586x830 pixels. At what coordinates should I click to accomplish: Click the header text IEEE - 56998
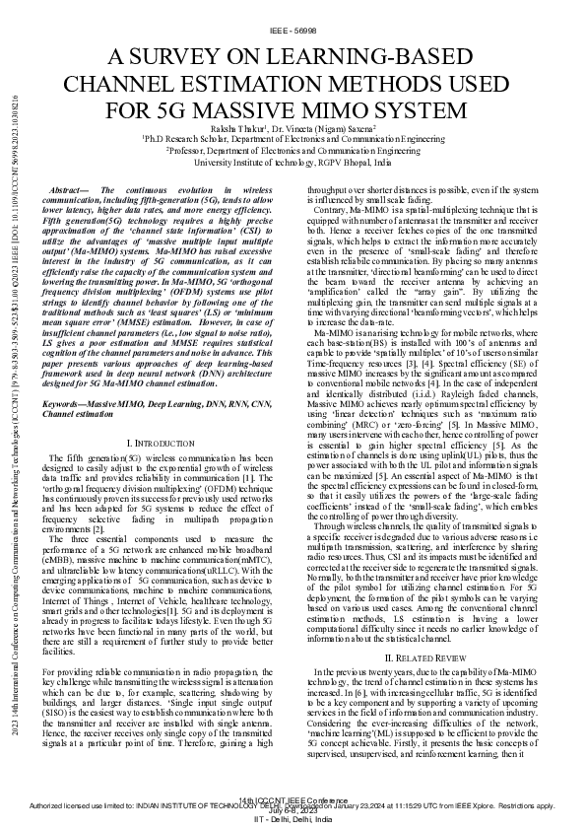[293, 32]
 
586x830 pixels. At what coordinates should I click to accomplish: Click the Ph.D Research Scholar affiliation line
[293, 141]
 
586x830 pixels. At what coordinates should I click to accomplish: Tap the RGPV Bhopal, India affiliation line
[293, 163]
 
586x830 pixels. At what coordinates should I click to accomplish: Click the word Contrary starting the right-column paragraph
[330, 211]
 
